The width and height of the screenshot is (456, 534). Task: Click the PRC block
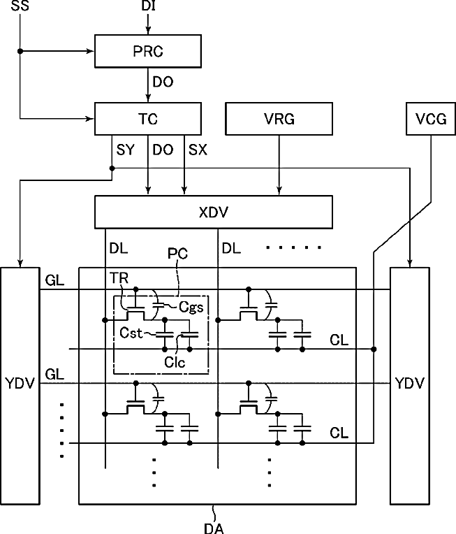(x=147, y=51)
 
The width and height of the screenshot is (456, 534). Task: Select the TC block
(x=147, y=119)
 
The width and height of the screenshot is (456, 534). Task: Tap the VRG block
(x=279, y=119)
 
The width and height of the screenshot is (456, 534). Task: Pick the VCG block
(x=431, y=119)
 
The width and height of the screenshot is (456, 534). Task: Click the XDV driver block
(x=214, y=212)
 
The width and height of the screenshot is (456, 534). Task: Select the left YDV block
(x=20, y=386)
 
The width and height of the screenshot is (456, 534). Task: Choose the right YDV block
(x=410, y=386)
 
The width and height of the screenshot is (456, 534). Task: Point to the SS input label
(x=20, y=6)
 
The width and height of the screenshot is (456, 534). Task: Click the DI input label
(x=148, y=6)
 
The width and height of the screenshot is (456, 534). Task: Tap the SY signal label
(x=125, y=150)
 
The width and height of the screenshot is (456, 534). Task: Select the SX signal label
(x=198, y=150)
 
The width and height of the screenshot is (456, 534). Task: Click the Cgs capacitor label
(x=191, y=308)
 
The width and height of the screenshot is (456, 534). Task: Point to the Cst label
(x=131, y=333)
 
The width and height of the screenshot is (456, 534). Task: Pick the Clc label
(x=175, y=362)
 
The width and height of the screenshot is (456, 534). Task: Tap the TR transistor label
(x=119, y=278)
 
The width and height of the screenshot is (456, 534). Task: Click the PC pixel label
(x=177, y=254)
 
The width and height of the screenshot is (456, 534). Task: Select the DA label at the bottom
(x=214, y=528)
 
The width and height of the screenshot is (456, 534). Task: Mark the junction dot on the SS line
(x=20, y=51)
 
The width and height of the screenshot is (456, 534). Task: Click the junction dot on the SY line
(x=112, y=168)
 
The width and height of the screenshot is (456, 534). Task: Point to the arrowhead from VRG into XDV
(x=279, y=191)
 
